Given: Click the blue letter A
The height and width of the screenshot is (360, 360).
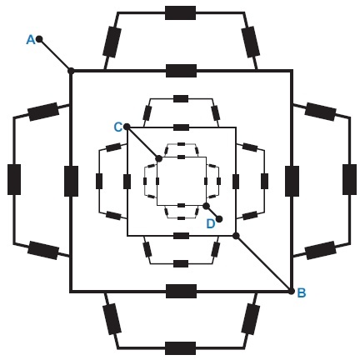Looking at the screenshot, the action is pyautogui.click(x=31, y=40).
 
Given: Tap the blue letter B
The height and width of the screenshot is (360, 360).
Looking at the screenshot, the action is pyautogui.click(x=302, y=292).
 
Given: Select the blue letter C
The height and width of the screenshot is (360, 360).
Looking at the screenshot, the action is pyautogui.click(x=118, y=127).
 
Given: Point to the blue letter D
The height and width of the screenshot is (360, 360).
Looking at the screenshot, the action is pyautogui.click(x=211, y=223).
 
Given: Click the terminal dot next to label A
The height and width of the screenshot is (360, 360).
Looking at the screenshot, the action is pyautogui.click(x=39, y=38).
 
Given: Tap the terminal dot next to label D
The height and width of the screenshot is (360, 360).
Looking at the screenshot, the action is pyautogui.click(x=219, y=219).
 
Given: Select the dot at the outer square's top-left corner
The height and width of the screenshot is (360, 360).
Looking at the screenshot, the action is pyautogui.click(x=71, y=71).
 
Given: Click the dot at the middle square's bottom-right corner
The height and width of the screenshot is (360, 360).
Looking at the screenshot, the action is pyautogui.click(x=236, y=236).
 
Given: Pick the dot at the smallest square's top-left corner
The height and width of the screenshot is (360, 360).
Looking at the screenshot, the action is pyautogui.click(x=158, y=158).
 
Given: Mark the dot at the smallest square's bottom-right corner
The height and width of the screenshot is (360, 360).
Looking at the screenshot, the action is pyautogui.click(x=206, y=206).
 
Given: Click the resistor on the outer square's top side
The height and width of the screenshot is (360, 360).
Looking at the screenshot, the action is pyautogui.click(x=181, y=71).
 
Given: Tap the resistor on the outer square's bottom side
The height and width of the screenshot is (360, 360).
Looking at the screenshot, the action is pyautogui.click(x=181, y=291).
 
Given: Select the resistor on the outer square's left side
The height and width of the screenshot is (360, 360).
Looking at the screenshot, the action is pyautogui.click(x=71, y=181).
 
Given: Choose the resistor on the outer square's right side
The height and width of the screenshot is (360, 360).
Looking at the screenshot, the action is pyautogui.click(x=292, y=181).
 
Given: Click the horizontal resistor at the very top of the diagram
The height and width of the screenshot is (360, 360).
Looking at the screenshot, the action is pyautogui.click(x=180, y=12).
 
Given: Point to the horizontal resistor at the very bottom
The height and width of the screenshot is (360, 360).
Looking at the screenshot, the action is pyautogui.click(x=180, y=348).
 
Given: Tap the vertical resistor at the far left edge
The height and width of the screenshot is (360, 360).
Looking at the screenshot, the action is pyautogui.click(x=14, y=179).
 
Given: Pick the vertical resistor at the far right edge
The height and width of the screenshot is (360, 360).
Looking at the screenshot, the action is pyautogui.click(x=349, y=179).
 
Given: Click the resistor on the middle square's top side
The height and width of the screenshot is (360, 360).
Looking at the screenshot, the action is pyautogui.click(x=181, y=127).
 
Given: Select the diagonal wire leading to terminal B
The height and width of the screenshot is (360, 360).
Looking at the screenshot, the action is pyautogui.click(x=264, y=264).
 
